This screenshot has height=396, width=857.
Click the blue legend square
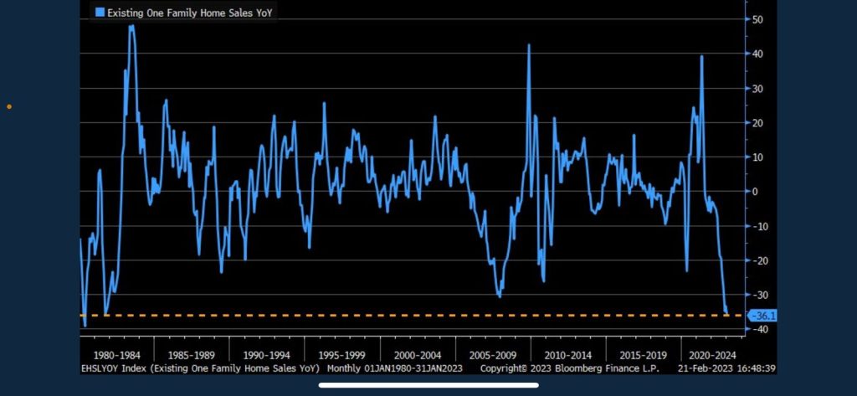[100, 12]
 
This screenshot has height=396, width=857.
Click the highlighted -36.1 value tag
[763, 316]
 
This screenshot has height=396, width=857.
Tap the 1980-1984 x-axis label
[117, 354]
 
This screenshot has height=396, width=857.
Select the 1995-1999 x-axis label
[341, 354]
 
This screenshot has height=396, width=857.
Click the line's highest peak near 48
[131, 26]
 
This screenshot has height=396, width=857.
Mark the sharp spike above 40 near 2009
[529, 45]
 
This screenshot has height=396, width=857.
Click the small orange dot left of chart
[8, 106]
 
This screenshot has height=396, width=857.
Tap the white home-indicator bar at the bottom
[428, 386]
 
